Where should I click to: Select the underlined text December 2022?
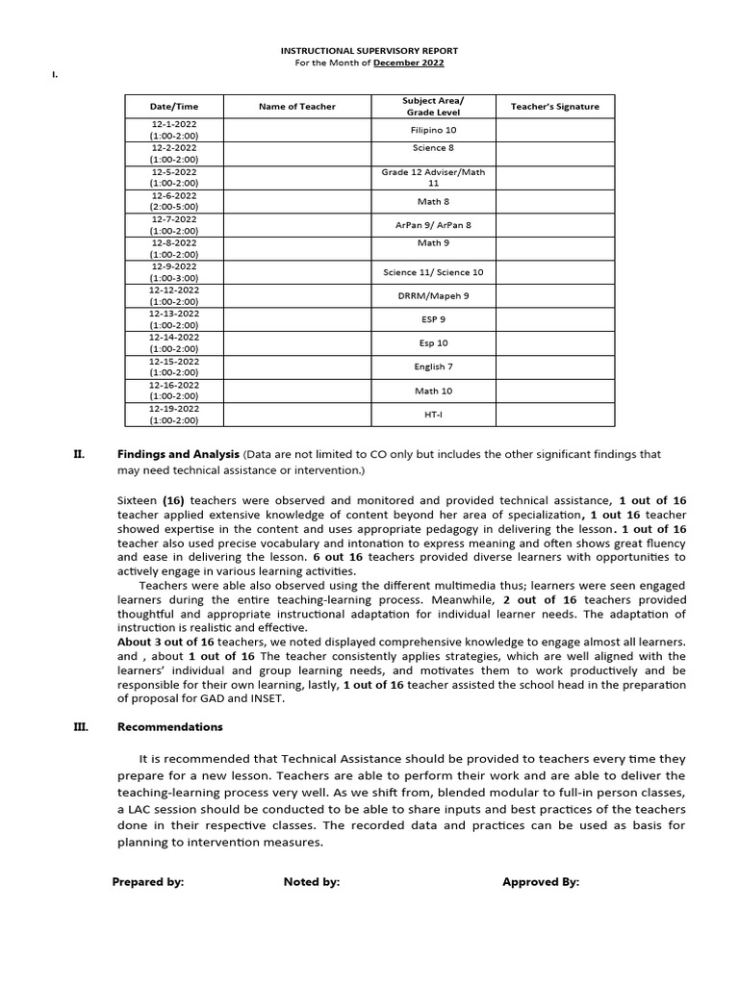coord(409,63)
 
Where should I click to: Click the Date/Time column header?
coord(174,107)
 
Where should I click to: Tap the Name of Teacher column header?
coord(297,107)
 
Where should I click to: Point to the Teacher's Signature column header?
coord(554,107)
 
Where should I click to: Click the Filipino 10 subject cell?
coord(433,130)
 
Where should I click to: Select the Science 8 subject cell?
coord(433,148)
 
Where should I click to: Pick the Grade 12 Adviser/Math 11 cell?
coord(433,177)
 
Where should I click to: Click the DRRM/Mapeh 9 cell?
coord(433,296)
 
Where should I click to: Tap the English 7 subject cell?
coord(433,366)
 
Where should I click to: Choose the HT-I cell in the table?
coord(433,415)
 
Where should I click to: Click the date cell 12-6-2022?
coord(174,200)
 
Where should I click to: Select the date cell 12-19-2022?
coord(174,414)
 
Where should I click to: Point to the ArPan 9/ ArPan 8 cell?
coord(433,225)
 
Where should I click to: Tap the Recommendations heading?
coord(169,727)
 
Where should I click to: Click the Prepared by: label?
coord(147,881)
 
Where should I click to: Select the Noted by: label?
coord(311,881)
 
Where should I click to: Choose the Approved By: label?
coord(541,881)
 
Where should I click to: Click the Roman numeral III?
coord(81,727)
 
